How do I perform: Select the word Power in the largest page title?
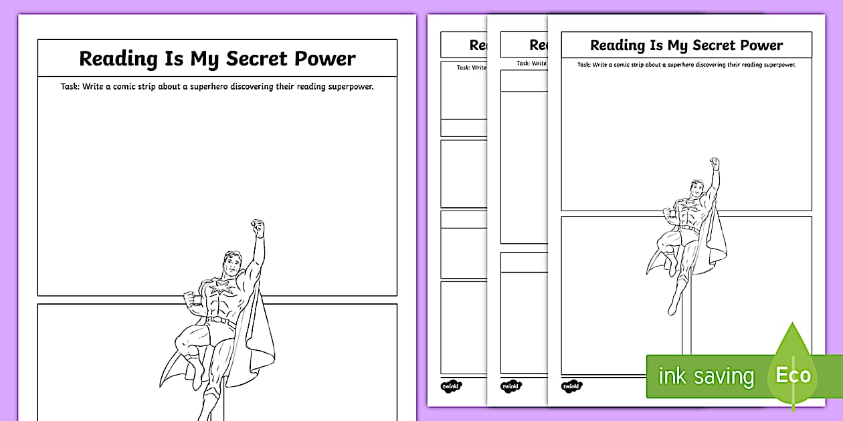pos(328,59)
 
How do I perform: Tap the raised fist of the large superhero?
pos(258,227)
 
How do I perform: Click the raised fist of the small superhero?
pos(715,163)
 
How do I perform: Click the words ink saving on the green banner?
pos(706,376)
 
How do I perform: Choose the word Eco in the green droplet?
pos(793,375)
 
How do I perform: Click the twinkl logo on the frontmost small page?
pos(571,386)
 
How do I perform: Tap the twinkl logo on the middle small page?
pos(510,386)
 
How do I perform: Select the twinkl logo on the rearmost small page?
pos(450,386)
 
